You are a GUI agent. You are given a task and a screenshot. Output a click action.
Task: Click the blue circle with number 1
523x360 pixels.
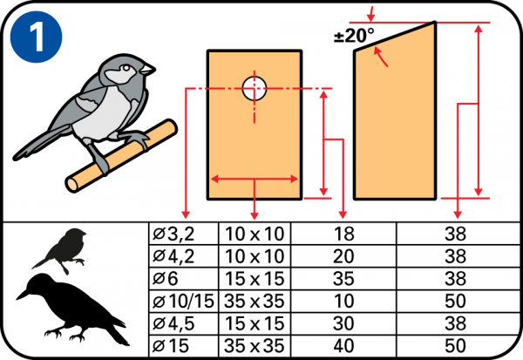tap(37, 37)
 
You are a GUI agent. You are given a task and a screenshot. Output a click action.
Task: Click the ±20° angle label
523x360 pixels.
tap(353, 36)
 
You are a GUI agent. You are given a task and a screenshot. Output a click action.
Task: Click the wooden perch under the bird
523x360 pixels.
tap(118, 157)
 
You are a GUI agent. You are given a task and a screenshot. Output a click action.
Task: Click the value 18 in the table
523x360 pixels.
tap(343, 234)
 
